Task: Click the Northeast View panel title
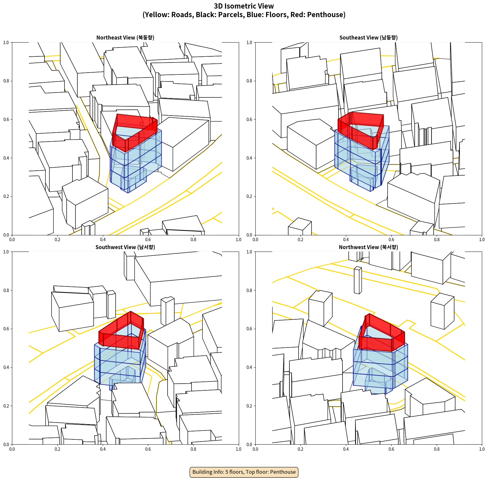(x=125, y=37)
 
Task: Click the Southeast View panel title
(x=368, y=37)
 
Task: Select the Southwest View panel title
(x=125, y=247)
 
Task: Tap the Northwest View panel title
(x=368, y=247)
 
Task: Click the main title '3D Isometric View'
(x=244, y=6)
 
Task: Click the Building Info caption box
(x=244, y=472)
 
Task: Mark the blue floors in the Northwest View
(x=381, y=368)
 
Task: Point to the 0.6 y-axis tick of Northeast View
(x=6, y=120)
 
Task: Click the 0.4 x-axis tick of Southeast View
(x=346, y=240)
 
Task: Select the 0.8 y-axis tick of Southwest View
(x=6, y=290)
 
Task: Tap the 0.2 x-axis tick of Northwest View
(x=300, y=449)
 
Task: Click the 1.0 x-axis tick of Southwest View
(x=238, y=449)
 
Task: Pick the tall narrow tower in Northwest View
(x=358, y=280)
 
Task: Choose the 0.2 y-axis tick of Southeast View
(x=249, y=196)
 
